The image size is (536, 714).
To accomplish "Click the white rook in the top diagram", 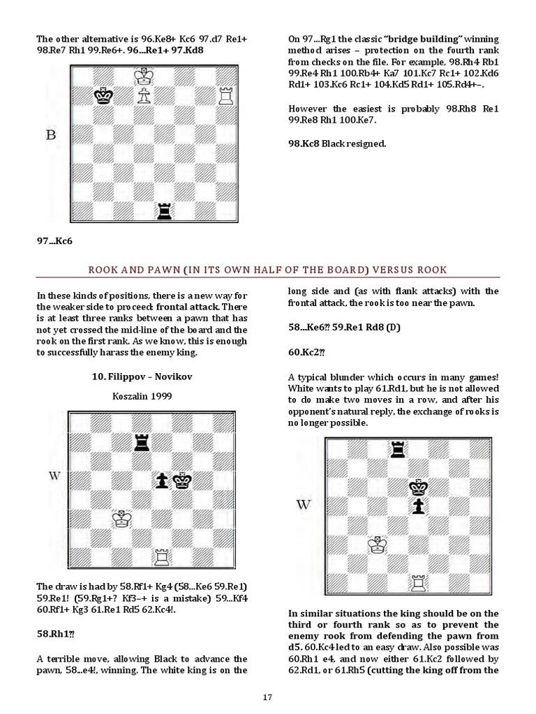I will coord(225,96).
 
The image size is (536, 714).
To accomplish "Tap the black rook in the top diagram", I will coord(164,208).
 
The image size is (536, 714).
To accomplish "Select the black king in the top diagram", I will coord(104,96).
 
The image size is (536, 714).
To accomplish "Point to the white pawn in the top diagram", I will coord(144,96).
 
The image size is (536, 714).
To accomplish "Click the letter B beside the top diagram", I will coord(50,135).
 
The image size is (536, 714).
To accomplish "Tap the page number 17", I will coord(267,697).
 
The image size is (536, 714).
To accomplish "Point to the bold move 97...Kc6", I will coord(55,241).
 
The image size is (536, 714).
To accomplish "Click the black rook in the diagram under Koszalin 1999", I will coord(142,441).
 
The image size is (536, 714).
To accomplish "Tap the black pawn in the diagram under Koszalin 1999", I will coord(163,480).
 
